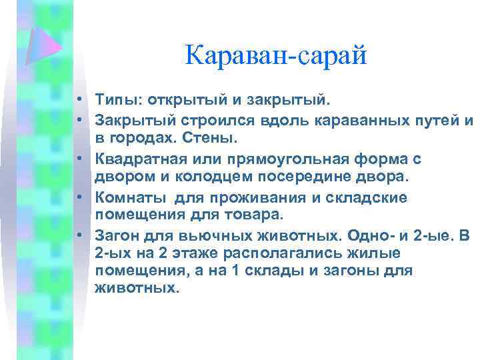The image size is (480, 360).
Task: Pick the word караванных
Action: coord(342,121)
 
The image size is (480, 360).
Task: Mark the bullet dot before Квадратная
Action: coord(79,159)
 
